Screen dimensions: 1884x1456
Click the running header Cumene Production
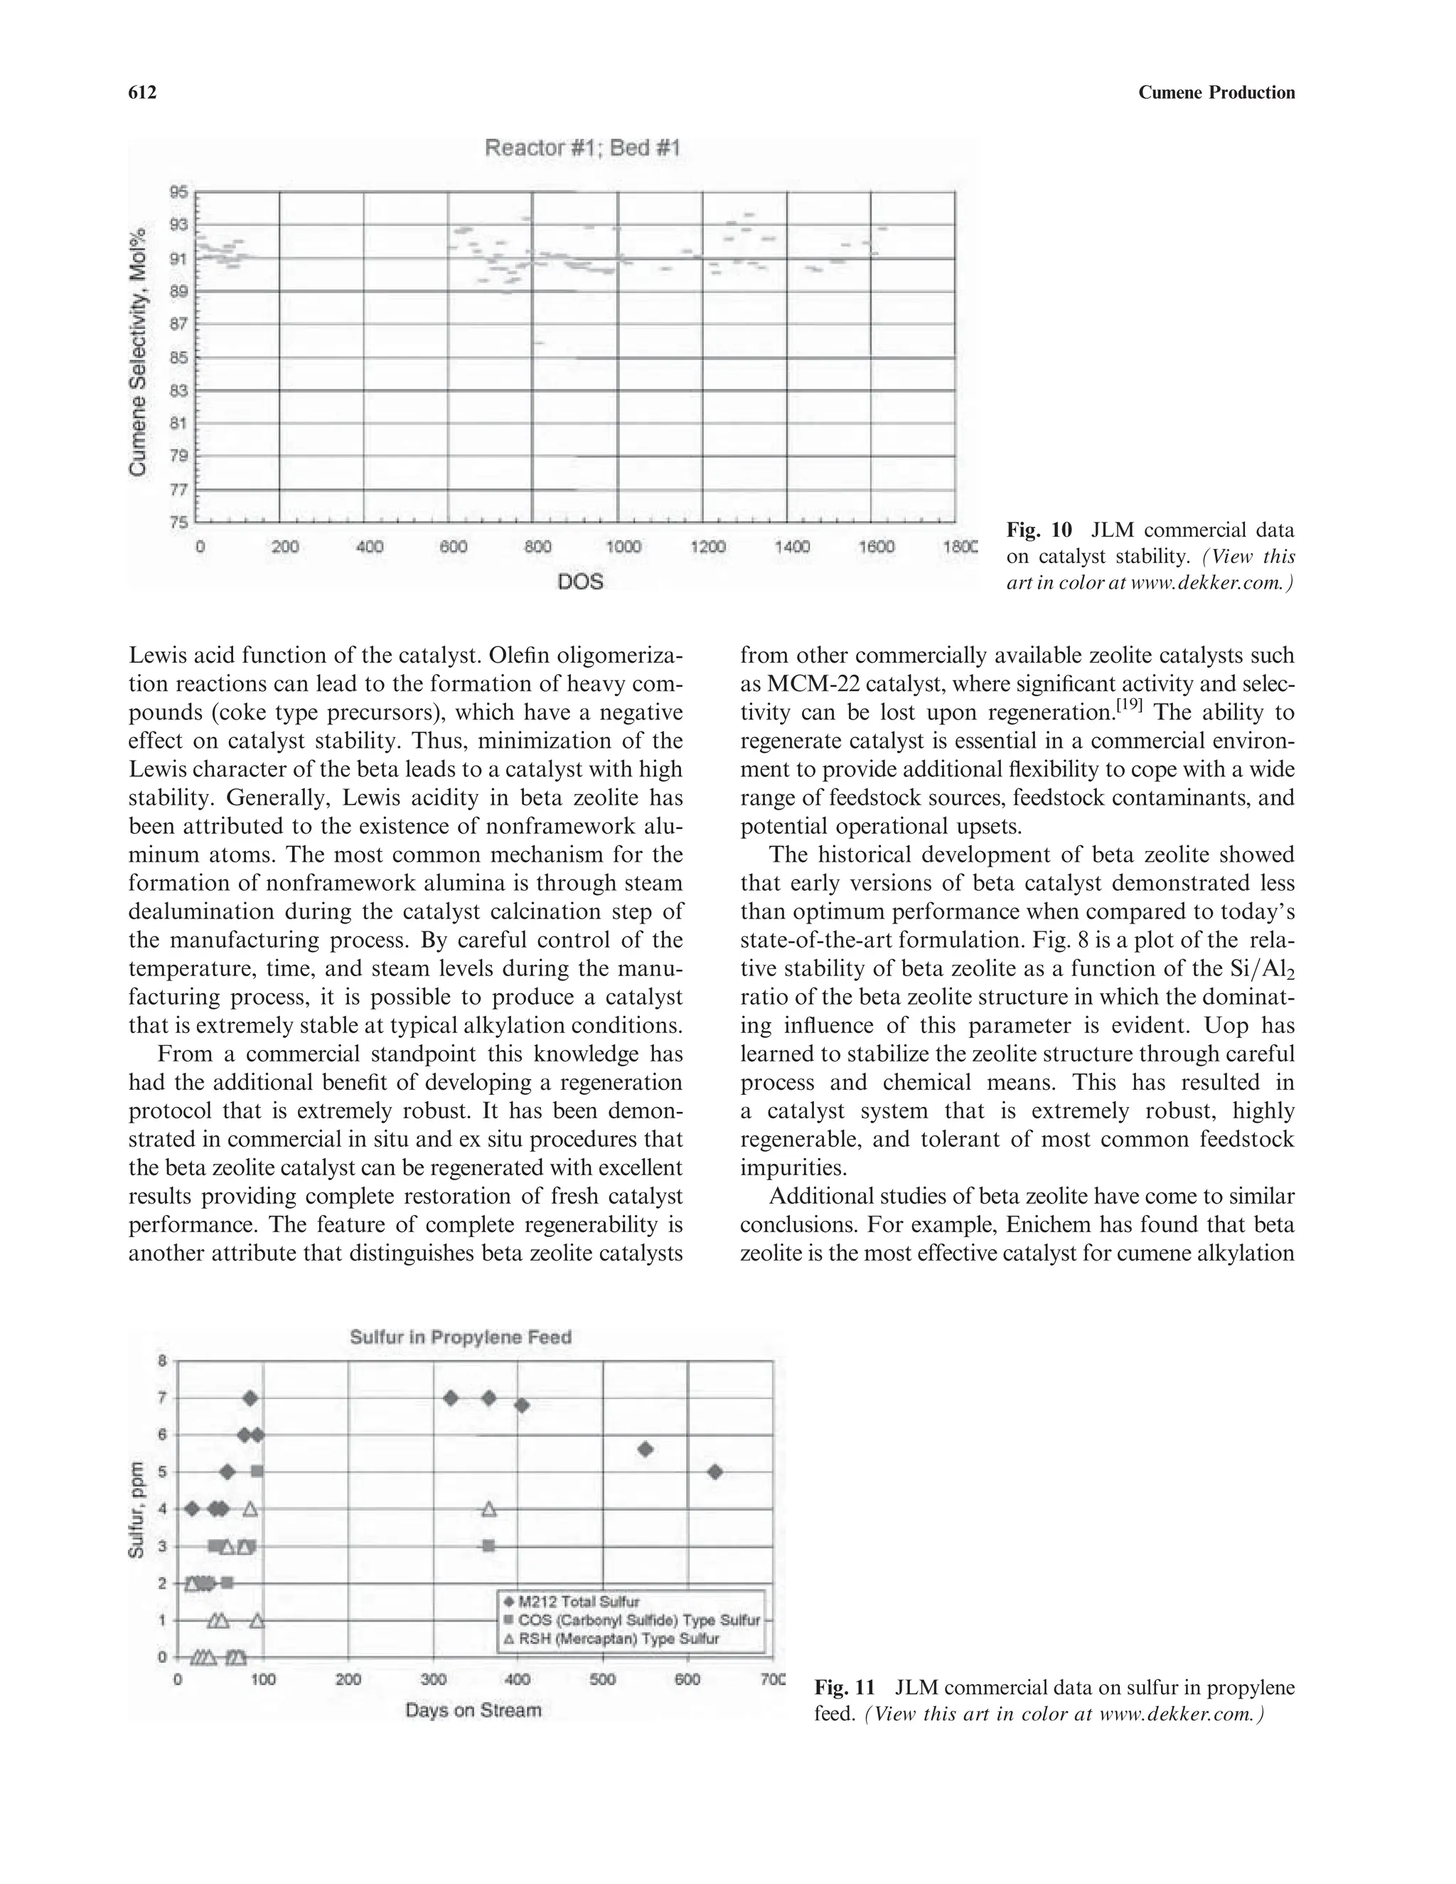tap(1216, 92)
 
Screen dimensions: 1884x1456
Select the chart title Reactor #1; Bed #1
tap(582, 149)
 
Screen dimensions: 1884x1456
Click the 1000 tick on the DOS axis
tap(623, 547)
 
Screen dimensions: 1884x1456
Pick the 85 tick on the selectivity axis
tap(178, 357)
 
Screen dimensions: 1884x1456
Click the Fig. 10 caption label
tap(1039, 530)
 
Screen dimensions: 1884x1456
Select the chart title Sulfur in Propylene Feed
tap(461, 1338)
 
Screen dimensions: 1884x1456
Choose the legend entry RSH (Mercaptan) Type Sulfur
tap(618, 1638)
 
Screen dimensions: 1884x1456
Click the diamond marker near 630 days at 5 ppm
tap(714, 1472)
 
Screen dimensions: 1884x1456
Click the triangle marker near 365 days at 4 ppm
tap(489, 1509)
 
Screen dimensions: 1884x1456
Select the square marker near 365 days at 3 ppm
tap(488, 1546)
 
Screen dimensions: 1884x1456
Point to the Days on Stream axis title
tap(473, 1710)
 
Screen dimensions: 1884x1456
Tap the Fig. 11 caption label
tap(845, 1687)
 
